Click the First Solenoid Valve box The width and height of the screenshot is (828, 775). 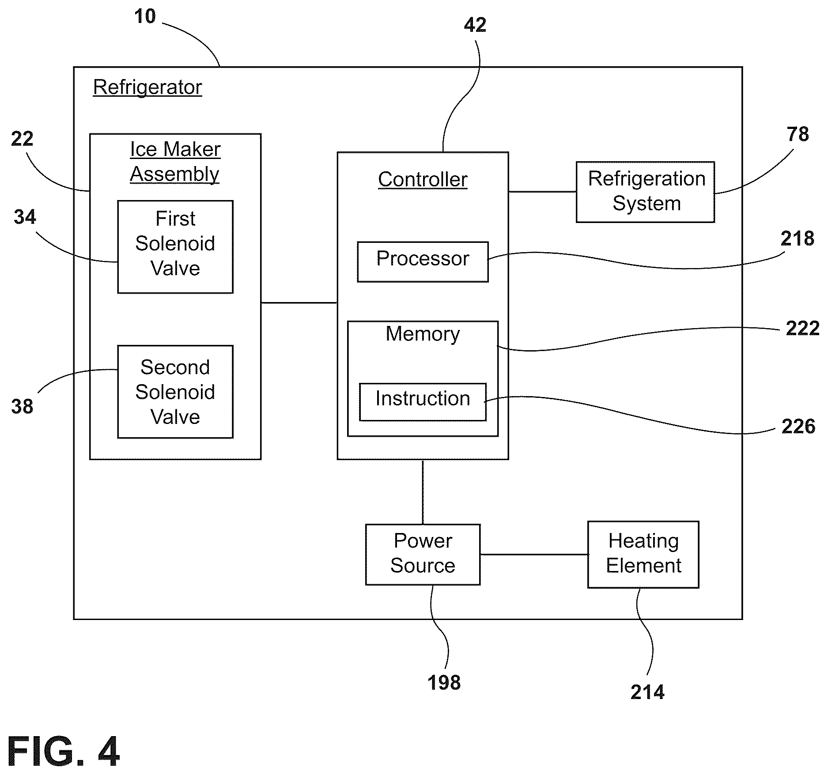(175, 247)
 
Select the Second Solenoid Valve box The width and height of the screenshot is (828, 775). (175, 392)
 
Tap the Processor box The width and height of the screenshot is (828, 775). (423, 262)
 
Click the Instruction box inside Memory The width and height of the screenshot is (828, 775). (423, 402)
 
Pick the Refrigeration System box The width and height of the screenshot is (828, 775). (645, 192)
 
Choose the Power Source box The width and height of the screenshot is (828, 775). (423, 555)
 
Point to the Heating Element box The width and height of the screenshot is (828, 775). (643, 555)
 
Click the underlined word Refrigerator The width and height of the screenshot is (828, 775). (147, 87)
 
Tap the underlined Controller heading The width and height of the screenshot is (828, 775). (423, 180)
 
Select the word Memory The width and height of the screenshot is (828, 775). (423, 334)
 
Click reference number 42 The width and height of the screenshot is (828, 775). (475, 25)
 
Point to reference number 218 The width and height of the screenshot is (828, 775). (797, 239)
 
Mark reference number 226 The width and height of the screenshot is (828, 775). (798, 427)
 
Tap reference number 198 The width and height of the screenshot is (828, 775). (444, 683)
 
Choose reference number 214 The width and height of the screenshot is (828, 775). (647, 692)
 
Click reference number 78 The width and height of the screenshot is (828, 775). (798, 134)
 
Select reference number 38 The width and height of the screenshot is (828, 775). (22, 406)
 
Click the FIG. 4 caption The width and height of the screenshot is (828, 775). (63, 752)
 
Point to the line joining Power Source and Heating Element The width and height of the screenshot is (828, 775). (534, 555)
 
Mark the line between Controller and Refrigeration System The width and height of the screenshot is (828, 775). (542, 192)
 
